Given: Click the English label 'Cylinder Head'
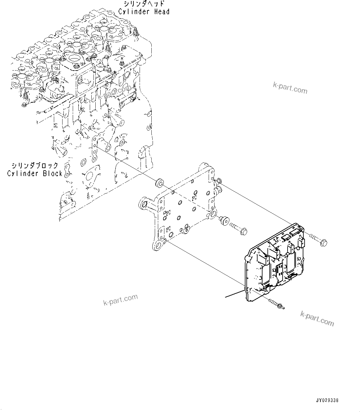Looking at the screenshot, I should click(x=144, y=12).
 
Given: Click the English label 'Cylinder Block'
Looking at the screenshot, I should click(x=35, y=173).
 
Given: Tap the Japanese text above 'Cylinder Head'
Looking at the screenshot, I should click(x=144, y=4).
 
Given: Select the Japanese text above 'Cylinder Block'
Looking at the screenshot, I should click(x=35, y=165).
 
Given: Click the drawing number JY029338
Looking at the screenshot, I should click(x=327, y=400).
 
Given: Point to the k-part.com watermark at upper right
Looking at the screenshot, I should click(x=290, y=88).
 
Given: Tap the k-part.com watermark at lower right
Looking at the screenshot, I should click(x=317, y=319).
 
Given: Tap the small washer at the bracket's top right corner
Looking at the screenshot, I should click(x=219, y=181).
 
